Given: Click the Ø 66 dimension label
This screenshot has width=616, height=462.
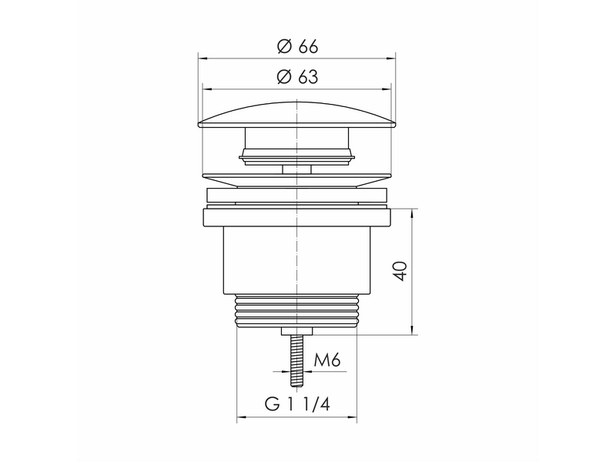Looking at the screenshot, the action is (297, 47).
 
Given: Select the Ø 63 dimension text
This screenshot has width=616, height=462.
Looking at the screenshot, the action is (297, 77).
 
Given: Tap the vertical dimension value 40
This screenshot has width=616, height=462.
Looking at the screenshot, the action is (400, 271).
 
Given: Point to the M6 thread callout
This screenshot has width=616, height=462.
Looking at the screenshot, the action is (326, 360).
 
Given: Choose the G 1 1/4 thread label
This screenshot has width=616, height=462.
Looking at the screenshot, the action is (297, 403).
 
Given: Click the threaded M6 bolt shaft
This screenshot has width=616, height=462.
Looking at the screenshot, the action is (296, 360).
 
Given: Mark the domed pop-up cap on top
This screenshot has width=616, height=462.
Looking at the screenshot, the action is (296, 115).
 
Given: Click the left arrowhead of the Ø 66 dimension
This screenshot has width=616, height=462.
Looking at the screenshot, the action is (203, 59).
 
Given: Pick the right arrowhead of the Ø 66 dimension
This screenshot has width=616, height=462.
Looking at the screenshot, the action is (391, 59).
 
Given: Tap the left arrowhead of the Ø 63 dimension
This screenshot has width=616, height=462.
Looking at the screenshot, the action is (206, 89).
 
